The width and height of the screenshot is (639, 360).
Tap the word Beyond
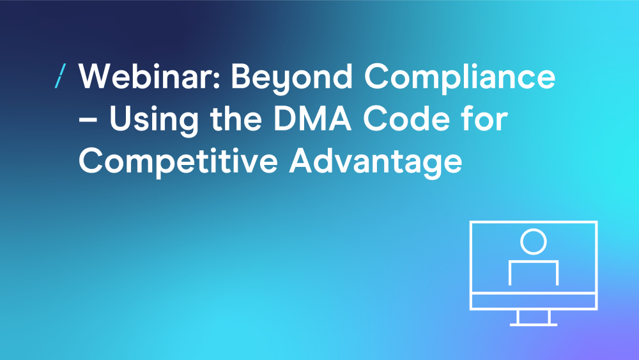click(x=291, y=79)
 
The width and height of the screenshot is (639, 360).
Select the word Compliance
click(x=459, y=79)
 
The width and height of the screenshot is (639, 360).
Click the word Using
click(x=154, y=121)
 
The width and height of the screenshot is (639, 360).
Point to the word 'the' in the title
click(x=236, y=118)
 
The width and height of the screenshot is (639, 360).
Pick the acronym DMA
click(x=312, y=119)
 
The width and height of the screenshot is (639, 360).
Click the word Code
click(x=406, y=118)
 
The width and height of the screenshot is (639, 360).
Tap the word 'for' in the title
click(x=484, y=118)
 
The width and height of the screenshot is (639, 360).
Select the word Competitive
click(x=178, y=163)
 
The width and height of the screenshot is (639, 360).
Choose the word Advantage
click(x=376, y=163)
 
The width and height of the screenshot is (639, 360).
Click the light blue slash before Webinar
click(x=60, y=76)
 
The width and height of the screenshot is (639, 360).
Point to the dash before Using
click(x=88, y=121)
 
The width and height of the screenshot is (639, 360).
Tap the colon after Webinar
click(x=217, y=79)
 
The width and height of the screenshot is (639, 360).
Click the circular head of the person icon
click(x=534, y=230)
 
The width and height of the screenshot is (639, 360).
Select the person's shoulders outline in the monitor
click(x=534, y=262)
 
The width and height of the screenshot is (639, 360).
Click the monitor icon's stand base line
click(x=534, y=325)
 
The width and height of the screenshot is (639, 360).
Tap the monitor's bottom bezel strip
click(x=534, y=301)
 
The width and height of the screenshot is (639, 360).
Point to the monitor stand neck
click(x=534, y=317)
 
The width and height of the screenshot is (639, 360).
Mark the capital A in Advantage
click(x=302, y=160)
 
